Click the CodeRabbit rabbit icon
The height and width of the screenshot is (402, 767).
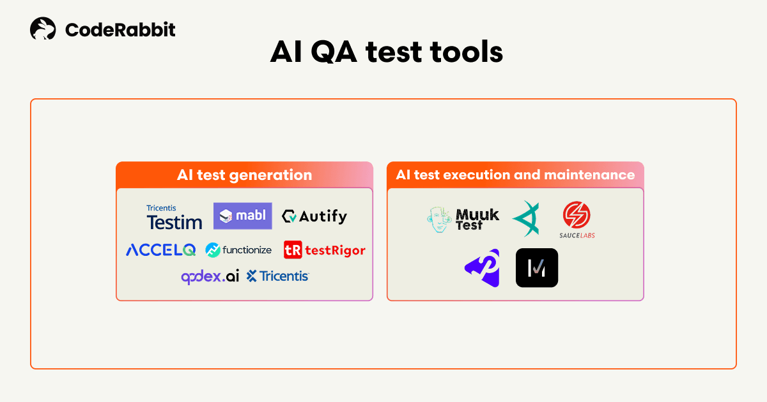(x=43, y=29)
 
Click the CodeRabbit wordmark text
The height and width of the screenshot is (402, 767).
(x=120, y=30)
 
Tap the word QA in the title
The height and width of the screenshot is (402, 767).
(x=334, y=52)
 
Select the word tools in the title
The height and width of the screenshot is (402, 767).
(x=466, y=52)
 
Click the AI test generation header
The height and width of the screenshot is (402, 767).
(x=244, y=175)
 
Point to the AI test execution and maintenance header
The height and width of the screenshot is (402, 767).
(x=515, y=175)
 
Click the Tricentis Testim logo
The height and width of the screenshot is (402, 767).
(x=174, y=217)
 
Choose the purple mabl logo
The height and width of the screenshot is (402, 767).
(x=243, y=216)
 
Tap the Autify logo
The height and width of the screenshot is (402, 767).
(x=314, y=216)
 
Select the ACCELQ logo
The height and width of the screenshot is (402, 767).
(x=161, y=250)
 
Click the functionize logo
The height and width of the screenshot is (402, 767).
(x=238, y=250)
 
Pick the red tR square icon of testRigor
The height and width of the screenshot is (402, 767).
(x=293, y=250)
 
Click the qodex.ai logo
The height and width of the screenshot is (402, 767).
(x=210, y=276)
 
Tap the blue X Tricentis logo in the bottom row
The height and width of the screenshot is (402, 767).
(x=277, y=276)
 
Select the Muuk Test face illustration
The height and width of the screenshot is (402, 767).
(x=438, y=220)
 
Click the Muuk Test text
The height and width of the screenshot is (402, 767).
(x=477, y=220)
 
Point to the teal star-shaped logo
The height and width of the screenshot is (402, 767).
(x=526, y=219)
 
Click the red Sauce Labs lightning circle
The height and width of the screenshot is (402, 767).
(x=577, y=214)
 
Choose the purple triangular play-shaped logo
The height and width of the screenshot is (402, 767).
(x=483, y=268)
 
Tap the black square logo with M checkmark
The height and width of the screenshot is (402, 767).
(x=537, y=267)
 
